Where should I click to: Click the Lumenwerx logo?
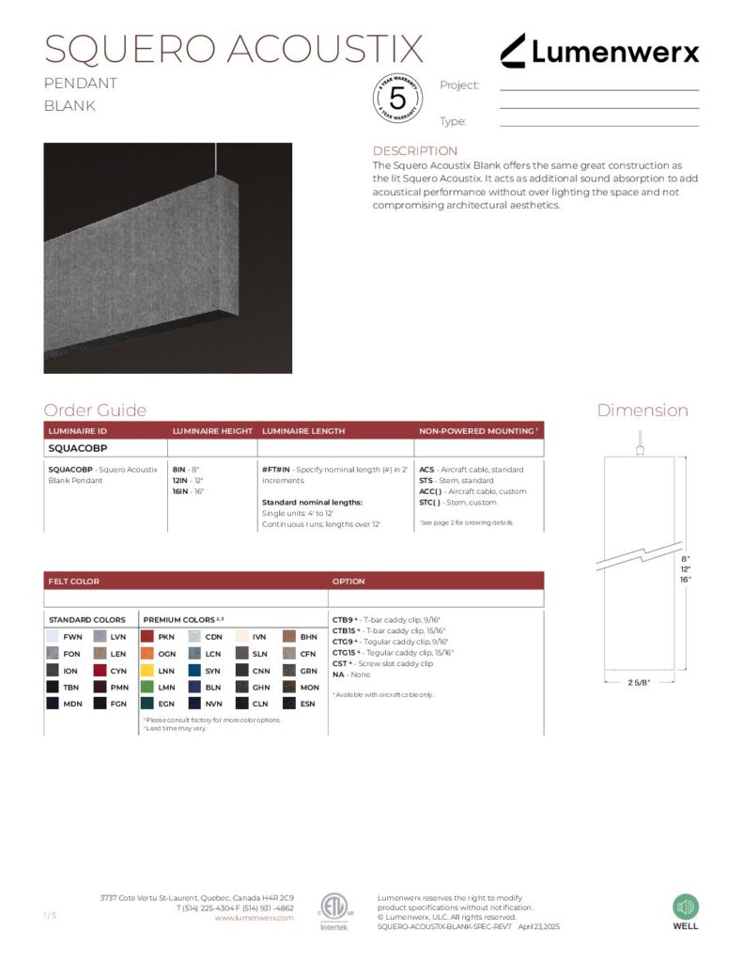tap(598, 51)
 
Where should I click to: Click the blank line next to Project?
tap(599, 88)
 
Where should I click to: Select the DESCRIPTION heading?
tap(415, 151)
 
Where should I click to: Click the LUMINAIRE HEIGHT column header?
tap(211, 431)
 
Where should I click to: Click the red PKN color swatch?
tap(147, 637)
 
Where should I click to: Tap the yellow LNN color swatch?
tap(147, 671)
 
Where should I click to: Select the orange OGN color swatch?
tap(147, 654)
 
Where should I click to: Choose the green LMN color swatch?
tap(147, 688)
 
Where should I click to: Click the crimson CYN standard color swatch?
tap(100, 671)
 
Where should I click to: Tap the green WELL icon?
tap(686, 908)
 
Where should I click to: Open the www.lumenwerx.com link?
tap(254, 918)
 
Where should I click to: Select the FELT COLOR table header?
tap(74, 582)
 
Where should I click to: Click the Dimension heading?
tap(642, 411)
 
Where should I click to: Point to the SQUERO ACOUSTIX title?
tap(234, 49)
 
